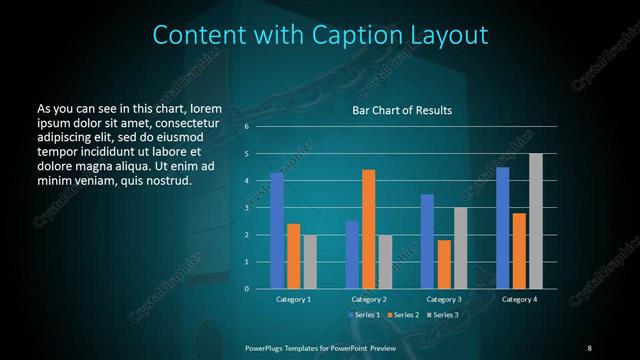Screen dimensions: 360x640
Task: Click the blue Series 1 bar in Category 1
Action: (x=277, y=231)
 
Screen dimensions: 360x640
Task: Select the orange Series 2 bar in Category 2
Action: (x=369, y=229)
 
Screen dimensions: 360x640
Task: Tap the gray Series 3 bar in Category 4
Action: (x=536, y=221)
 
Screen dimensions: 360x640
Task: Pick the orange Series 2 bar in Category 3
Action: (x=444, y=264)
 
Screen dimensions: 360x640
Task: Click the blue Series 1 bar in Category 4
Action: (x=502, y=228)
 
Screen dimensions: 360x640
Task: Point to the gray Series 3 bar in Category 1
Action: (x=310, y=262)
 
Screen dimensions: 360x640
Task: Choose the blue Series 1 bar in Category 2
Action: (x=352, y=255)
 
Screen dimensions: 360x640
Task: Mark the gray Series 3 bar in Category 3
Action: (x=461, y=248)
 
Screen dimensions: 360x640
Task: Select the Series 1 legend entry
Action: (x=363, y=314)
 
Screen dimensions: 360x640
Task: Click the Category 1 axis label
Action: (x=293, y=299)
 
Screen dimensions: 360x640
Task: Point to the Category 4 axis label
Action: (x=519, y=299)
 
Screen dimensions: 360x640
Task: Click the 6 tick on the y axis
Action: (x=247, y=127)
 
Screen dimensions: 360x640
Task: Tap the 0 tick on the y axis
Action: (x=247, y=289)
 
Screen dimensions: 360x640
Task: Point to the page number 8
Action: (x=589, y=347)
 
